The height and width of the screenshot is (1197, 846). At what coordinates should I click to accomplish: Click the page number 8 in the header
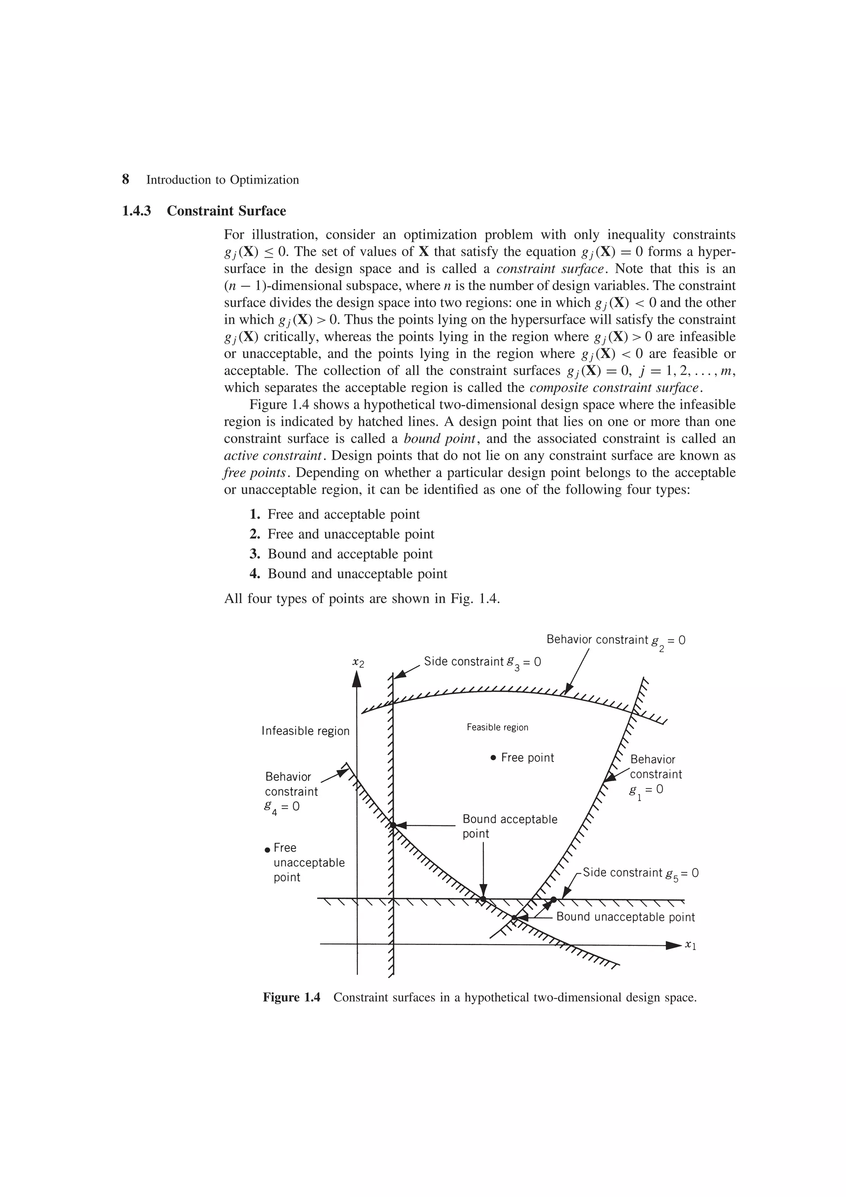(x=125, y=179)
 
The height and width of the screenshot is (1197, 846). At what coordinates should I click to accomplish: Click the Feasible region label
(x=497, y=727)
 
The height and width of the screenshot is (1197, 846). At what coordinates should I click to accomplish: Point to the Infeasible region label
(x=305, y=731)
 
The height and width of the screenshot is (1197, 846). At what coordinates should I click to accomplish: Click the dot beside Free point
(x=493, y=758)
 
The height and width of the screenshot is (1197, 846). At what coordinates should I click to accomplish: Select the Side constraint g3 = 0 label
(x=482, y=662)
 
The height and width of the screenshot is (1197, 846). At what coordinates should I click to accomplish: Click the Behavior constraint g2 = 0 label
(x=615, y=640)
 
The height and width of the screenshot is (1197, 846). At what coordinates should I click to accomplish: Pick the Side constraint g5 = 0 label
(x=640, y=873)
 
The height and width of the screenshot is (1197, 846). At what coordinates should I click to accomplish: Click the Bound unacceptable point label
(x=625, y=917)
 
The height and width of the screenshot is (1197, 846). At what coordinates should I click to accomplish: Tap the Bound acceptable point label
(x=509, y=826)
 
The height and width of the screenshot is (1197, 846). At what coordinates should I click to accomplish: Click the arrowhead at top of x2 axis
(x=357, y=678)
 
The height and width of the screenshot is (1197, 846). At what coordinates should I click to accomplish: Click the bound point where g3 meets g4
(x=393, y=825)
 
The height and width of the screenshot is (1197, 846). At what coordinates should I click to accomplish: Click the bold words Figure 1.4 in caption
(x=291, y=997)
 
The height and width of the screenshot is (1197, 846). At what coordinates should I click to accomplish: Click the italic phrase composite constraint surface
(x=615, y=387)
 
